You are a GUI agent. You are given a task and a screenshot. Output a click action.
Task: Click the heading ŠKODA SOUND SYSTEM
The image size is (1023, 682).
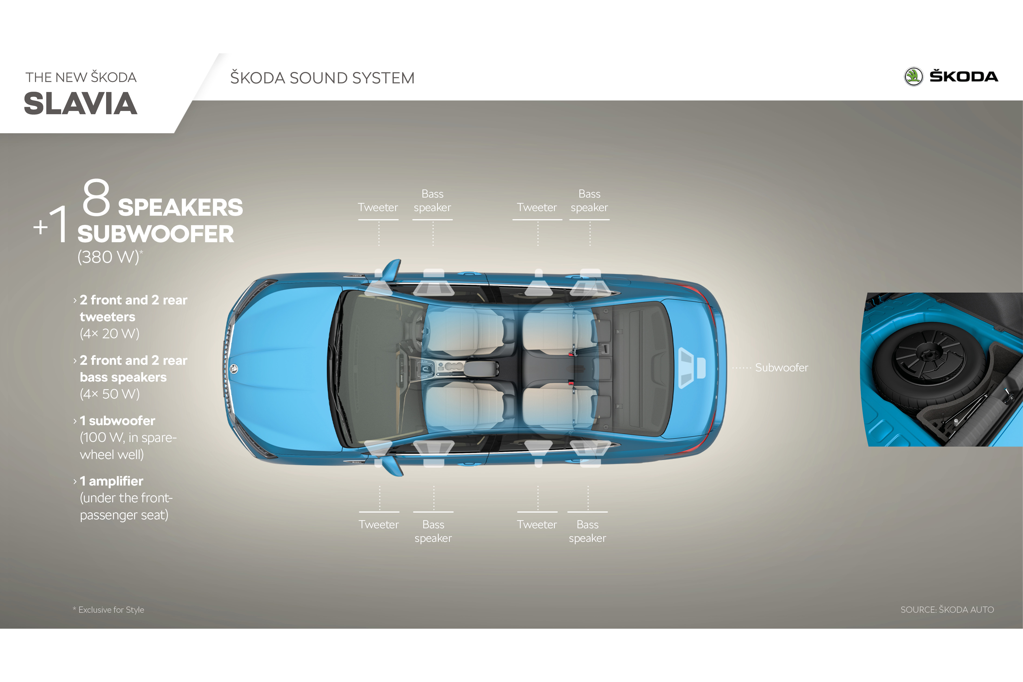pyautogui.click(x=322, y=78)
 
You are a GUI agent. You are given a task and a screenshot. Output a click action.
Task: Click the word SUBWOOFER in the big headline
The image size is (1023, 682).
pyautogui.click(x=155, y=234)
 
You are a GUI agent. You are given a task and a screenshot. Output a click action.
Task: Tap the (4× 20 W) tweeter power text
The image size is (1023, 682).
pyautogui.click(x=110, y=334)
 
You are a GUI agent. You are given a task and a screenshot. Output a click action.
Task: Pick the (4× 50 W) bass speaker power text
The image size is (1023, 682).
pyautogui.click(x=110, y=394)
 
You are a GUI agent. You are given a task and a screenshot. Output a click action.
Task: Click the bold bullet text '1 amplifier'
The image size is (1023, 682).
pyautogui.click(x=111, y=481)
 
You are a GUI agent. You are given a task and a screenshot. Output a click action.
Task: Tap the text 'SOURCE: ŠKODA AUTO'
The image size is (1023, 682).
pyautogui.click(x=947, y=610)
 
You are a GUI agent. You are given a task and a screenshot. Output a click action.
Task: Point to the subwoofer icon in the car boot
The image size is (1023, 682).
pyautogui.click(x=691, y=368)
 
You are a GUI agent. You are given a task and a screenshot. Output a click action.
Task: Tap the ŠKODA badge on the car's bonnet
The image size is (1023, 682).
pyautogui.click(x=234, y=369)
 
